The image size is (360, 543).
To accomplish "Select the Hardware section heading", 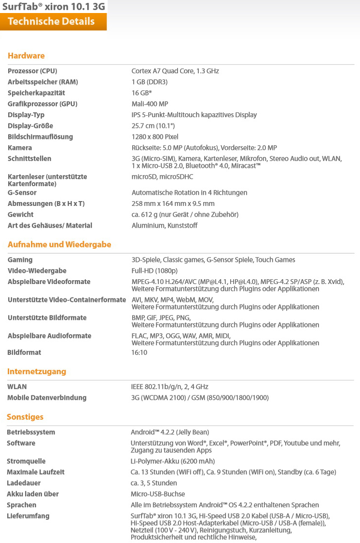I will pos(26,56).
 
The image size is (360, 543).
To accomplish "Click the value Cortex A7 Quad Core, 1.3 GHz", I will pos(175,71).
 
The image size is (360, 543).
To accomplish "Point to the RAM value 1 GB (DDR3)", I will pos(150,82).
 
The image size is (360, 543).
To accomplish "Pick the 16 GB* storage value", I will pos(142,93).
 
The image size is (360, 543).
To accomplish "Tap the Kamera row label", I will pos(20,148).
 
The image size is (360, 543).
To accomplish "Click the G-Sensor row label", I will pos(22,193).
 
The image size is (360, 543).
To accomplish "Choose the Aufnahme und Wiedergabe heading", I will pos(59,244).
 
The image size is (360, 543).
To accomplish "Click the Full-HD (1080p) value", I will pos(154,271).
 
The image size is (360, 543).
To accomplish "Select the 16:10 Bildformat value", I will pos(139,353).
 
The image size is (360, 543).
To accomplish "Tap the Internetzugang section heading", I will pos(37,372).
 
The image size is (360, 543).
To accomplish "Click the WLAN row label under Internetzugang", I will pos(17,387).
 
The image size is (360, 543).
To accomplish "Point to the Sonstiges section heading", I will pos(25,417).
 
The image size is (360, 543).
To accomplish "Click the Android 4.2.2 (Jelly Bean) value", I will pos(170,433).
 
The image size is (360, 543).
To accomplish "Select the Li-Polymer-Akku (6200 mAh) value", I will pos(173,462).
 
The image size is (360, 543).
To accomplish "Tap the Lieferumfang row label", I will pos(28,516).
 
